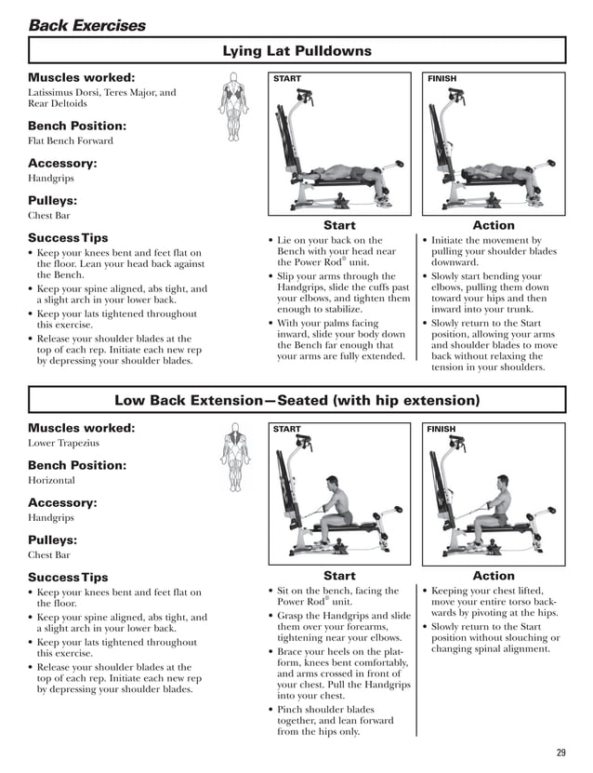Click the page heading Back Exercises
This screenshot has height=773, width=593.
click(x=86, y=25)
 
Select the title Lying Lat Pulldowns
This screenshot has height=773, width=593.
click(x=296, y=51)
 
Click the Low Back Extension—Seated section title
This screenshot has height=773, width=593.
click(x=296, y=400)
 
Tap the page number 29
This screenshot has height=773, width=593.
click(x=560, y=752)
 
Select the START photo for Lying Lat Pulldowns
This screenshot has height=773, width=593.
click(x=338, y=144)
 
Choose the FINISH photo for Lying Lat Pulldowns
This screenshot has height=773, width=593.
click(x=494, y=144)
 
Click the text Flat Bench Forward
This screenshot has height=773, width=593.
click(x=71, y=141)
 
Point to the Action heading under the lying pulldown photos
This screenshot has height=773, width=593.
click(x=494, y=225)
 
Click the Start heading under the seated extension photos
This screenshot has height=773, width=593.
click(x=338, y=576)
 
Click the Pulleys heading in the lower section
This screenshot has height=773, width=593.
click(x=52, y=540)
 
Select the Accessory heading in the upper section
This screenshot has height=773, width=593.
click(x=62, y=163)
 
